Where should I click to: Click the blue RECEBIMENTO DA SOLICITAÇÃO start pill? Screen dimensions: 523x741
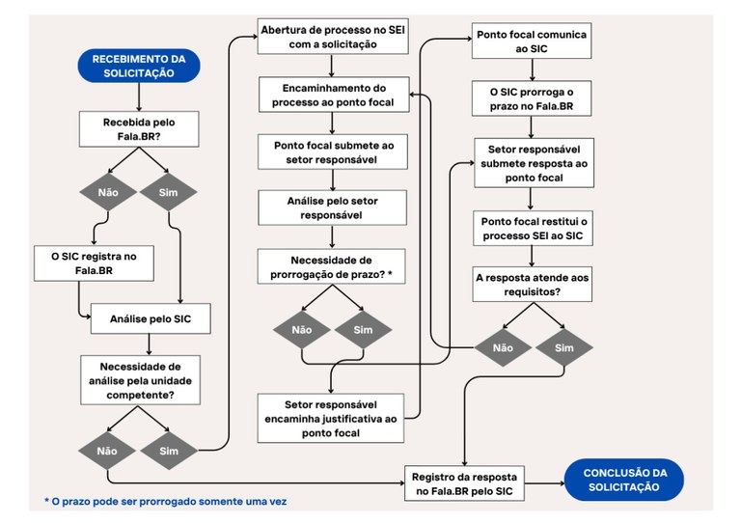pos(139,66)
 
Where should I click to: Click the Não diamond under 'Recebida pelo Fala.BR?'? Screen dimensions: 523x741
pos(109,191)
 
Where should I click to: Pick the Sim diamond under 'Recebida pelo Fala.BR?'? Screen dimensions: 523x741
pos(168,191)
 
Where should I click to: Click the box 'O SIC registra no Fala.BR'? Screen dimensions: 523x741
pos(93,262)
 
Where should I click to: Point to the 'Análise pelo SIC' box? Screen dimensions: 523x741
pos(150,317)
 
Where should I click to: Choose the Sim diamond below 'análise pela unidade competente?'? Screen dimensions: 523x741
pos(168,450)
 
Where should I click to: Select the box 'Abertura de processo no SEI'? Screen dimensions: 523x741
pos(333,37)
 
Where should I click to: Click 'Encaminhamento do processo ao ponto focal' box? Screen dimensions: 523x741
pos(333,95)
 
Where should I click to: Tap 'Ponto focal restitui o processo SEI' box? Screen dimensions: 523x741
pos(534,229)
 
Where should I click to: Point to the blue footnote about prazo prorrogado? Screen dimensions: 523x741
pos(165,502)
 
